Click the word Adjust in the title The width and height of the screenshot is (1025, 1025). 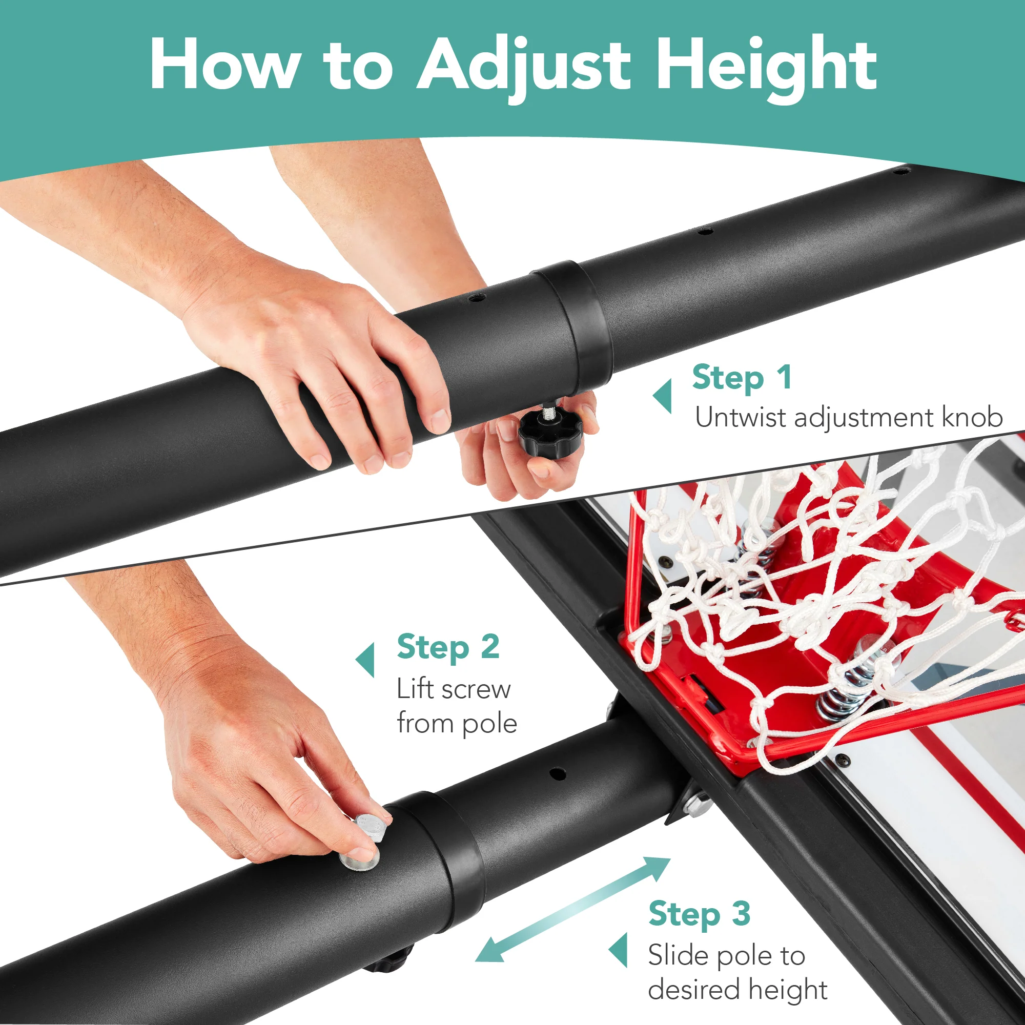pyautogui.click(x=523, y=66)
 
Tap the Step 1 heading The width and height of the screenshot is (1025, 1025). pyautogui.click(x=742, y=378)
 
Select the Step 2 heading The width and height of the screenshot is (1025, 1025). pyautogui.click(x=448, y=647)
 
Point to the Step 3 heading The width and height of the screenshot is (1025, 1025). pyautogui.click(x=699, y=914)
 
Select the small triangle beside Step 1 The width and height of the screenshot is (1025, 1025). pyautogui.click(x=663, y=396)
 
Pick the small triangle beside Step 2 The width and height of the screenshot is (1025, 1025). pyautogui.click(x=366, y=661)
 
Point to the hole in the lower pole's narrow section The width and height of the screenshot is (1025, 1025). pyautogui.click(x=557, y=773)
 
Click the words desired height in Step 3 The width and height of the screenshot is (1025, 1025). pyautogui.click(x=737, y=990)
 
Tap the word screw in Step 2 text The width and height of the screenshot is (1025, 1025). pyautogui.click(x=476, y=690)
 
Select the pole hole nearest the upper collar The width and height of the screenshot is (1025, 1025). pyautogui.click(x=477, y=298)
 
